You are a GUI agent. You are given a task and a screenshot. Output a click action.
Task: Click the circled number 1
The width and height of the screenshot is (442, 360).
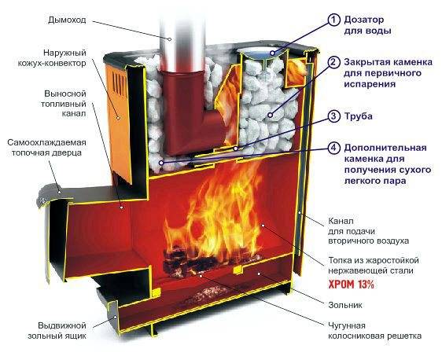333,20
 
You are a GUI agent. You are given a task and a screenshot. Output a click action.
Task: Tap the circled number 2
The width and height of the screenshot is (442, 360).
333,63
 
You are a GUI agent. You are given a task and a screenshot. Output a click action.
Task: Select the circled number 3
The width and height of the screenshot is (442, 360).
333,116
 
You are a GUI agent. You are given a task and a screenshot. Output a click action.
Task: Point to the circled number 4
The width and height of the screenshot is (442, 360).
333,149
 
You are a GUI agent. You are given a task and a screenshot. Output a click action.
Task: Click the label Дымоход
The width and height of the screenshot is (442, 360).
67,20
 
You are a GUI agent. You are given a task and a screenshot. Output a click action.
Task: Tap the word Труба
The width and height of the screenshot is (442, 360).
359,116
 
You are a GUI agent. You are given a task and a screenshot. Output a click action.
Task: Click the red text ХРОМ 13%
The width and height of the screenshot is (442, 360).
352,285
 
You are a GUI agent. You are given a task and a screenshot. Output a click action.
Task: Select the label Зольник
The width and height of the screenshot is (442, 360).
345,305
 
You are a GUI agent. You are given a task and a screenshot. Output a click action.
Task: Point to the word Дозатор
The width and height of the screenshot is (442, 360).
363,20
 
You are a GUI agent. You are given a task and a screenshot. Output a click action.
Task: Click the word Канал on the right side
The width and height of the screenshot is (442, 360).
341,221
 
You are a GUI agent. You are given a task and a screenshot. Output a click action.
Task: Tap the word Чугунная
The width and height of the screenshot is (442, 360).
347,326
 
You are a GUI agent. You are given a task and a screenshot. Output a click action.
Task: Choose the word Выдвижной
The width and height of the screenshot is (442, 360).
62,325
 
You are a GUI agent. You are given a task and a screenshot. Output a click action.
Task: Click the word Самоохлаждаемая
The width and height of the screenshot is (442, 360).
46,142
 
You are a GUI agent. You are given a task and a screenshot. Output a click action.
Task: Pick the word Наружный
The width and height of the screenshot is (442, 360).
64,53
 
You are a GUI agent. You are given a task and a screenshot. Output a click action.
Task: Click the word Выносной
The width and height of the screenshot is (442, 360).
64,94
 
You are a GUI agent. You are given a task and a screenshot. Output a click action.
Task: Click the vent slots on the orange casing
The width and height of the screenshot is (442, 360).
120,82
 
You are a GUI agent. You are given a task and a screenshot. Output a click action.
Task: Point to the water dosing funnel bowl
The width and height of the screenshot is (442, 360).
261,55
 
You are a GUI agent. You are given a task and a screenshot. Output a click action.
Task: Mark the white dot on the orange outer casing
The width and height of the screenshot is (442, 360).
119,118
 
